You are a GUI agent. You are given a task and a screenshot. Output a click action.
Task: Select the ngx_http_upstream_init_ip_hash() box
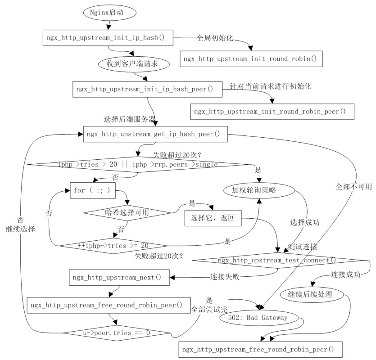click(x=108, y=38)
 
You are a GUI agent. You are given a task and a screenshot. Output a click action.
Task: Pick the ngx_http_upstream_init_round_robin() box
click(x=251, y=58)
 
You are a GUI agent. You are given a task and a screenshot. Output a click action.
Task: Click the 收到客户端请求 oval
click(x=134, y=64)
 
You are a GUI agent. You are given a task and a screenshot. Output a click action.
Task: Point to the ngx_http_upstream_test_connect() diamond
click(x=276, y=261)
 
